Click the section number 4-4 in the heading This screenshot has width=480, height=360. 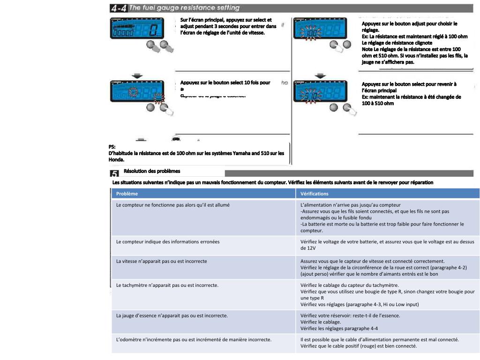pos(118,8)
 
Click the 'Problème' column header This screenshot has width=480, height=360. pos(127,194)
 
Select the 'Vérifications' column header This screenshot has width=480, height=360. pos(315,194)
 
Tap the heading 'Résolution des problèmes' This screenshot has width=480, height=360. pos(151,172)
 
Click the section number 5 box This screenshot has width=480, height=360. pos(114,173)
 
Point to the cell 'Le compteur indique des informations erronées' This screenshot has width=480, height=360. pos(168,241)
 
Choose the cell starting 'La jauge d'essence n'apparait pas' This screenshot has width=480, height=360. pos(172,315)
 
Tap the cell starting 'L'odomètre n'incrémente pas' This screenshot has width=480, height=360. pos(194,339)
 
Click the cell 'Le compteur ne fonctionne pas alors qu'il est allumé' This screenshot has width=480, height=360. pos(173,205)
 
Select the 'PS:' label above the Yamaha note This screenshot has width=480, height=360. pos(112,147)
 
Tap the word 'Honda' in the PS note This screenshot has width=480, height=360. pos(117,159)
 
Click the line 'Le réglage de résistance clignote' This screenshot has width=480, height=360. pos(397,43)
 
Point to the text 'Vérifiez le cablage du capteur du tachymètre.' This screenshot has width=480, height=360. pos(350,285)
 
